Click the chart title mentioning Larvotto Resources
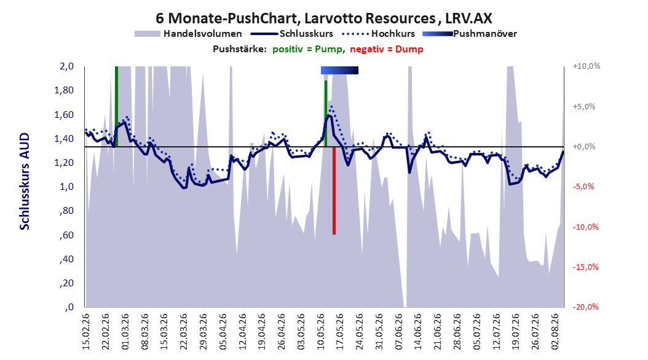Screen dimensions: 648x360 click(323, 18)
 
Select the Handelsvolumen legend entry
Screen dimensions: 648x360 click(188, 34)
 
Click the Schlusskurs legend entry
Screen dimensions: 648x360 click(292, 34)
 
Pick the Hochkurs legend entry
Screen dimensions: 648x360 click(378, 34)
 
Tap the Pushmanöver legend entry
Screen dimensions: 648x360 click(470, 34)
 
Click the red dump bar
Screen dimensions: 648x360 click(334, 190)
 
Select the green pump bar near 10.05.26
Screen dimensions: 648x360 click(326, 114)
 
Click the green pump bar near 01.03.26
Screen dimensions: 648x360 click(117, 106)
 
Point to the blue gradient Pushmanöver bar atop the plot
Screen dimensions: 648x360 click(340, 70)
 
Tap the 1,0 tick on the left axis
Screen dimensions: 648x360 click(67, 187)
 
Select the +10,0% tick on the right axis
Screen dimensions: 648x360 click(587, 66)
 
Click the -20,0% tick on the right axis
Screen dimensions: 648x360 click(585, 307)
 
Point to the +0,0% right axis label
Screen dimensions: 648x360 click(584, 147)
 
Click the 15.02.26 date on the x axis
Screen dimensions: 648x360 click(86, 332)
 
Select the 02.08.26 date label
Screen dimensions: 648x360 click(555, 332)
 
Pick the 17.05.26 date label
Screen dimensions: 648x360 click(340, 332)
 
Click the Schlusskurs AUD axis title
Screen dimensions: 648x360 click(25, 181)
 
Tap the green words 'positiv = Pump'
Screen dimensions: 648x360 click(307, 49)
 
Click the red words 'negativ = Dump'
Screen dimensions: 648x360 click(387, 49)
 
